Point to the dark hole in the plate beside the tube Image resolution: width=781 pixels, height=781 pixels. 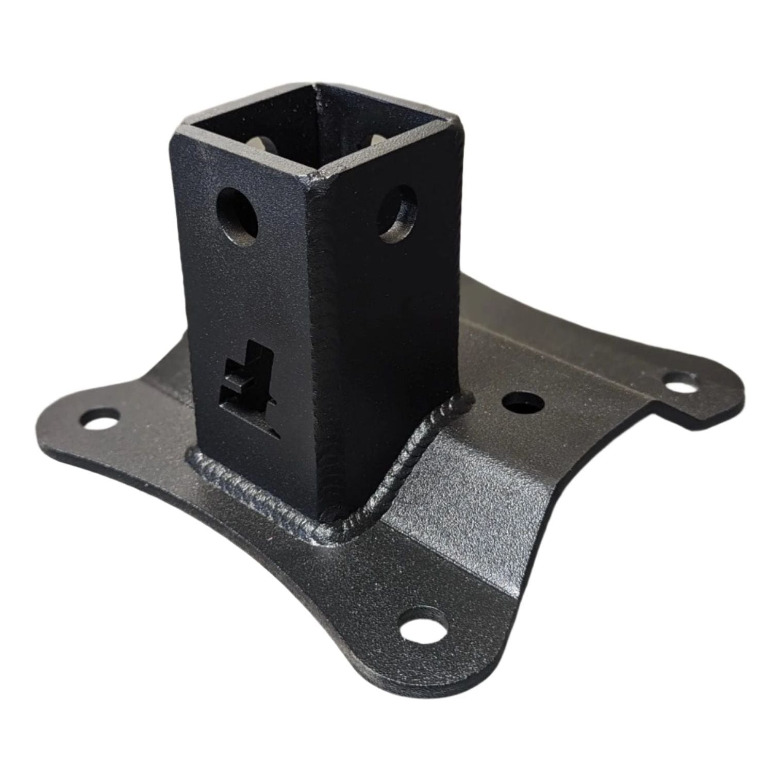[x=522, y=402]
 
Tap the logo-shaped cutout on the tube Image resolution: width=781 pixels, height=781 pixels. [x=247, y=384]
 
